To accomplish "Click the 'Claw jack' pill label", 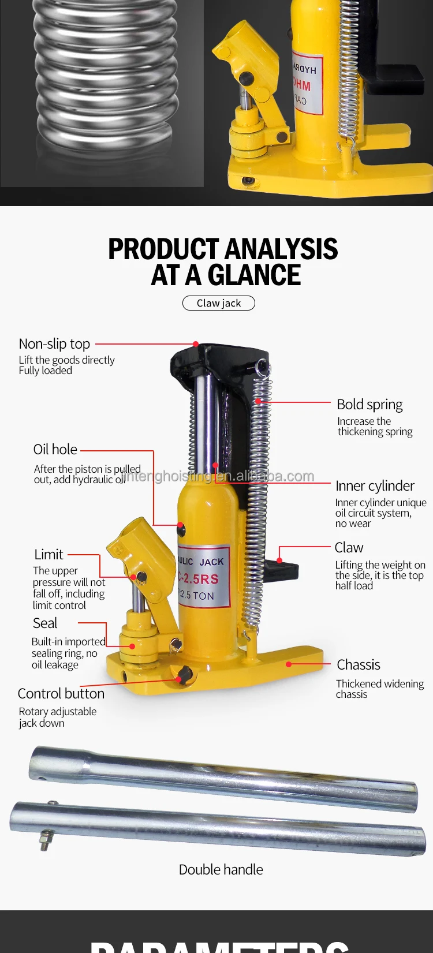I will pos(219,303).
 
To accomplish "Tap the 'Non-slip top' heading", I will pos(54,344).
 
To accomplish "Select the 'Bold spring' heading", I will pos(369,405).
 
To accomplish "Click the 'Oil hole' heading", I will pos(55,450).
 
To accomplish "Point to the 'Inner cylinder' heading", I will pos(375,486).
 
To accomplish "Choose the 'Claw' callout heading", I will pos(349,547).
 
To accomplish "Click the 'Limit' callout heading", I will pos(48,555).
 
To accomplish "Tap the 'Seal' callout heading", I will pos(45,623).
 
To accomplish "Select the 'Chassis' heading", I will pos(358,665).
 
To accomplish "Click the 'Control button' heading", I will pos(61,694).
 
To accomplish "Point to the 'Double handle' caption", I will pos(221,870).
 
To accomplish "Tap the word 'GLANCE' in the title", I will pos(254,275).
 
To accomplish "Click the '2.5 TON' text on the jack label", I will pos(197,595).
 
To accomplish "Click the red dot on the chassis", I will pos(289,664).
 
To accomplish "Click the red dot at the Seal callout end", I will pos(132,646).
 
